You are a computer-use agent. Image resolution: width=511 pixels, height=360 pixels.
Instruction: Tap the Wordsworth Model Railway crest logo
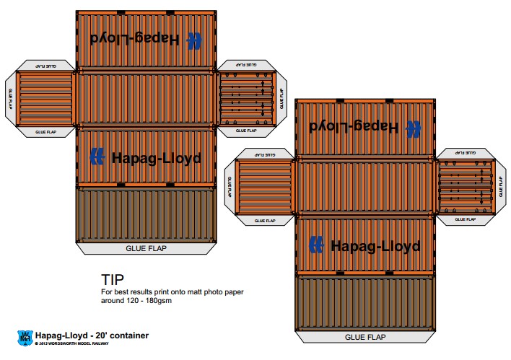click(x=24, y=337)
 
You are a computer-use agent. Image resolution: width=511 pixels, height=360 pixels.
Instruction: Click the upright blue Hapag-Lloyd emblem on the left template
click(x=98, y=157)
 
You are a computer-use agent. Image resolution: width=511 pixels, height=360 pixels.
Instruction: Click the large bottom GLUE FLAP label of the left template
click(x=146, y=247)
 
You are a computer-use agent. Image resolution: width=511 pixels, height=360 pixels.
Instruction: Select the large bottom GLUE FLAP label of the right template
click(x=364, y=336)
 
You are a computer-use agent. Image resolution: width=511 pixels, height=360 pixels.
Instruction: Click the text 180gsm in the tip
click(x=158, y=301)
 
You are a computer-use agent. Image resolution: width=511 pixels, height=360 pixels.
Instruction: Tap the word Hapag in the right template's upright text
click(x=354, y=245)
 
